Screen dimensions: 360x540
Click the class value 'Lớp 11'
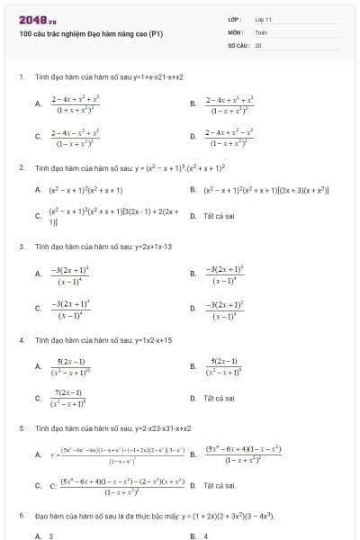click(x=263, y=18)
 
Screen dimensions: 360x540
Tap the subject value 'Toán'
click(x=261, y=31)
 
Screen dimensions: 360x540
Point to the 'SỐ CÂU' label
click(x=237, y=44)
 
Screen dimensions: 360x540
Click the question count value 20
click(x=258, y=44)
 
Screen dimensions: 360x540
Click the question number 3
click(x=21, y=246)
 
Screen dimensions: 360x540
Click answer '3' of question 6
click(x=51, y=535)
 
